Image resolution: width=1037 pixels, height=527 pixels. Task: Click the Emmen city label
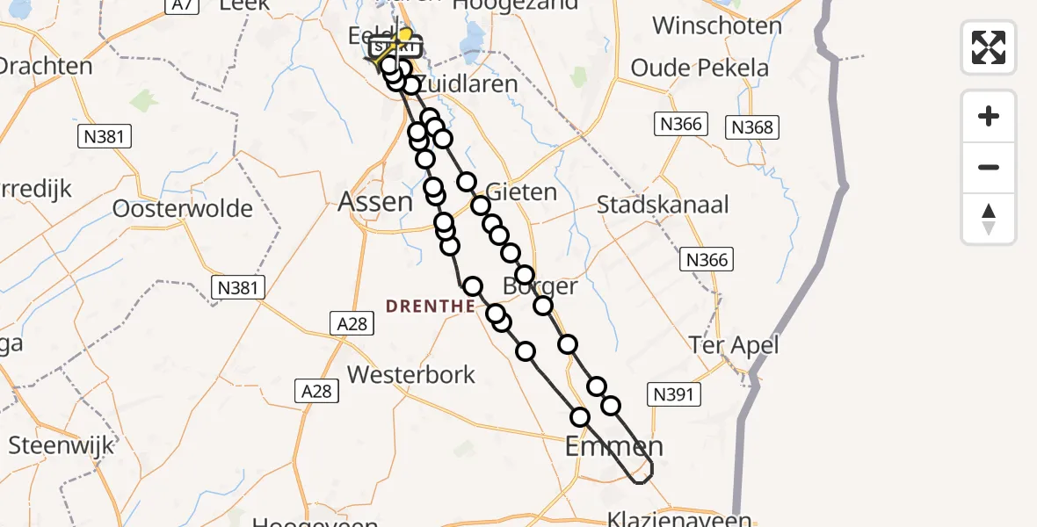click(613, 445)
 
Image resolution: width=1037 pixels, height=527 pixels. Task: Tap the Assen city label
click(375, 202)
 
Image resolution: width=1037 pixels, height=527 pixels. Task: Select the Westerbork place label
click(411, 375)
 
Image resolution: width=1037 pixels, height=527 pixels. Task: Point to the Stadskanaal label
click(663, 206)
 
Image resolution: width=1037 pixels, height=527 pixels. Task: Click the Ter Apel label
click(735, 345)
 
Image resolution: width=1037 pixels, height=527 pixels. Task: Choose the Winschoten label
click(717, 25)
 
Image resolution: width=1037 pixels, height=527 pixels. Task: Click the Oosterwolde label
click(183, 209)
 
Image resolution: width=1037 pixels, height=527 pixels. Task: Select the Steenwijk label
click(62, 445)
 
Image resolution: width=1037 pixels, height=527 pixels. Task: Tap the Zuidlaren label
click(466, 84)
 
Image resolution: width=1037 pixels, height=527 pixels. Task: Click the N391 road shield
click(674, 394)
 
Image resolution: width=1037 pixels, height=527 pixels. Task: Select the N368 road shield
click(752, 127)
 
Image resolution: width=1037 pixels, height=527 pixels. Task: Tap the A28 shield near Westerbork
click(315, 391)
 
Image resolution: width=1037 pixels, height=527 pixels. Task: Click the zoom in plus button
click(989, 116)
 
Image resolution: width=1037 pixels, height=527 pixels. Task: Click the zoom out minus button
click(989, 167)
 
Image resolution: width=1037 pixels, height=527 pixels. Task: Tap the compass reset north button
click(989, 219)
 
